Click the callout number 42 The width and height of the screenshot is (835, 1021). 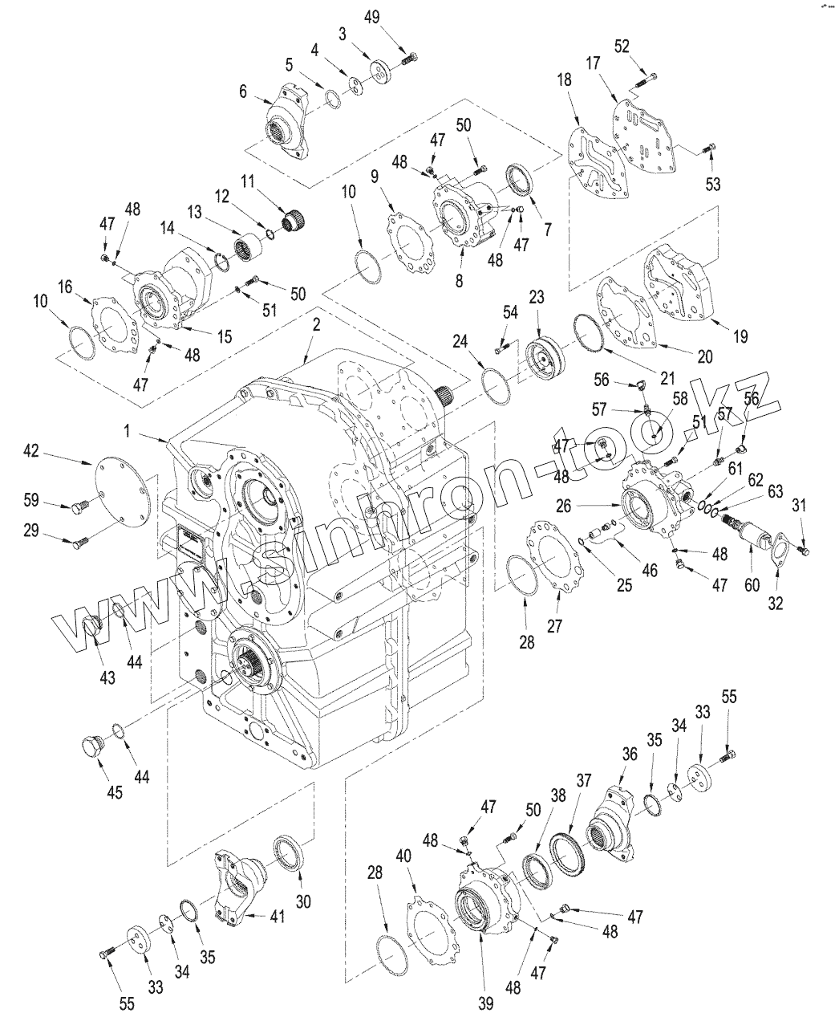[31, 452]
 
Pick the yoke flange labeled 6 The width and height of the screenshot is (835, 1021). [288, 124]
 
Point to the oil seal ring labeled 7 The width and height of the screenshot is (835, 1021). [517, 178]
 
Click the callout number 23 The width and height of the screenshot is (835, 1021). [537, 297]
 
